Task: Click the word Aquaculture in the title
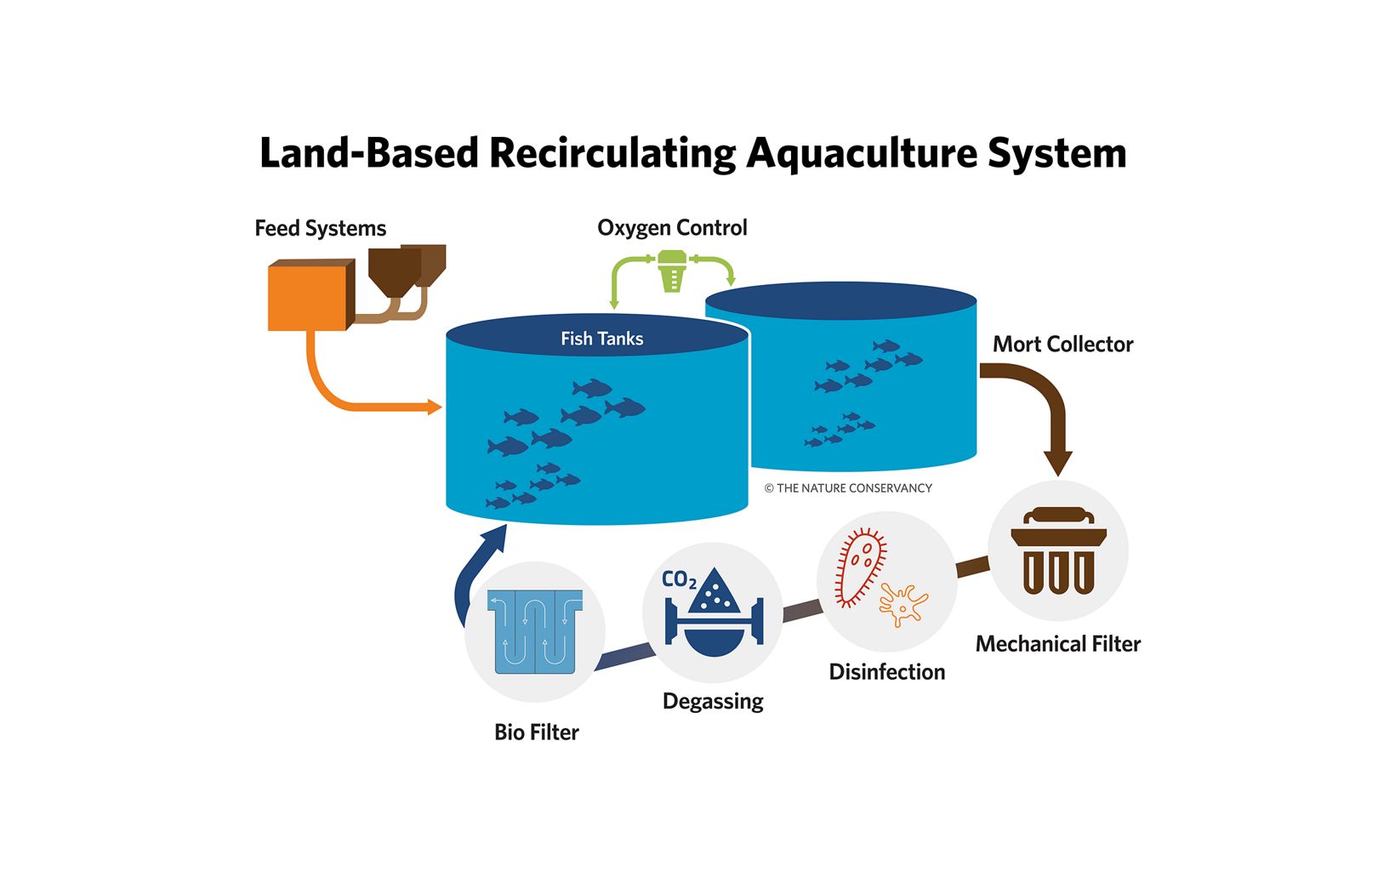coord(860,154)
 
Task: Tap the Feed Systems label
coord(320,229)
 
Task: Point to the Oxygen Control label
coord(672,228)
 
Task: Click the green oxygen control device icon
coord(672,269)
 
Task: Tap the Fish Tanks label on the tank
coord(601,339)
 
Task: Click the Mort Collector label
coord(1062,345)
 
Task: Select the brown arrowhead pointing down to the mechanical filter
coord(1058,464)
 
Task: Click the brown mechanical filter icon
coord(1058,551)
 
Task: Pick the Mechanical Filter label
coord(1057,644)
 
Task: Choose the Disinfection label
coord(886,672)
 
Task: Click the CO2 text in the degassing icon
coord(679,580)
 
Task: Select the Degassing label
coord(713,702)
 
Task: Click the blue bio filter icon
coord(535,631)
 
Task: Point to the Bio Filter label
coord(536,732)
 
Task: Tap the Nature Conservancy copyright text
coord(848,488)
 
